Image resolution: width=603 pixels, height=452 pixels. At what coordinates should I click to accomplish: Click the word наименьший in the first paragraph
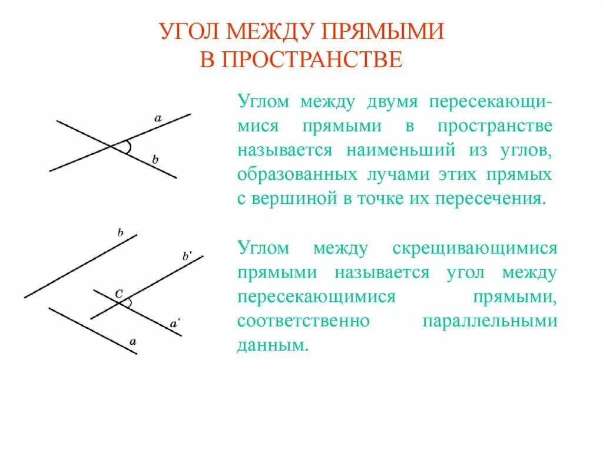pyautogui.click(x=400, y=150)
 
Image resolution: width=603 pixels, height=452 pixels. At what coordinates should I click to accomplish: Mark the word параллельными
pyautogui.click(x=490, y=322)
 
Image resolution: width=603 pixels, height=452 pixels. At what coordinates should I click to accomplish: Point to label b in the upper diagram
pyautogui.click(x=155, y=159)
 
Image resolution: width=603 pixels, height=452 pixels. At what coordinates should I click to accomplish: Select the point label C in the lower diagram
pyautogui.click(x=118, y=292)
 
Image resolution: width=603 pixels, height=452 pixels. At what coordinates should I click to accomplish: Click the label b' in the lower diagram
pyautogui.click(x=187, y=256)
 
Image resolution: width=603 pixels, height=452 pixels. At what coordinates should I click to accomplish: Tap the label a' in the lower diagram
pyautogui.click(x=175, y=323)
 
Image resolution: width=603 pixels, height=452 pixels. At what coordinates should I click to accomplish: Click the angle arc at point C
pyautogui.click(x=130, y=303)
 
